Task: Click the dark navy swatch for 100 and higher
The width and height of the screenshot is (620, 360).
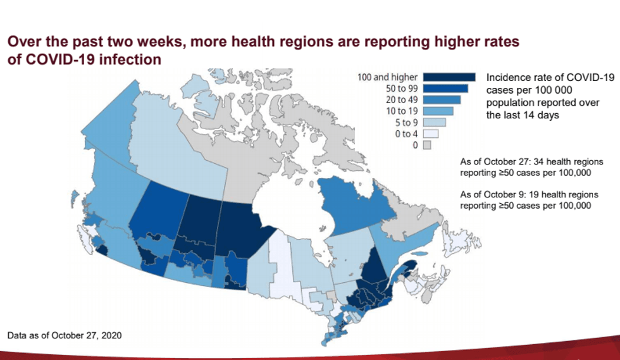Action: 449,77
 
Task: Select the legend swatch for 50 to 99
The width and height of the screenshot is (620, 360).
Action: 445,88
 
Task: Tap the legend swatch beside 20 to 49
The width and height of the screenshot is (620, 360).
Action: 442,100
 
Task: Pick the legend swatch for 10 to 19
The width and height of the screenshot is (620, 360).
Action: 438,111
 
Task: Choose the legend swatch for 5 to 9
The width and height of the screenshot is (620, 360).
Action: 434,122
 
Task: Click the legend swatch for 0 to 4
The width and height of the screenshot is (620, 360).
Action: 431,133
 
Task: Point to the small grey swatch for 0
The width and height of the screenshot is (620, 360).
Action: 427,145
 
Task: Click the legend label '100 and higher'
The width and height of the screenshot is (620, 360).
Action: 387,77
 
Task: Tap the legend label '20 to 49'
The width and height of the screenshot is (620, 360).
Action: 402,100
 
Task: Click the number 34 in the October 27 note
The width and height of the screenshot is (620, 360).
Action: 538,162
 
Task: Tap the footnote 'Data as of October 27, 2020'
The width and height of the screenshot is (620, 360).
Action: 65,335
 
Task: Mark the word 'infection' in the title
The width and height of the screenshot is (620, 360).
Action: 130,59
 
